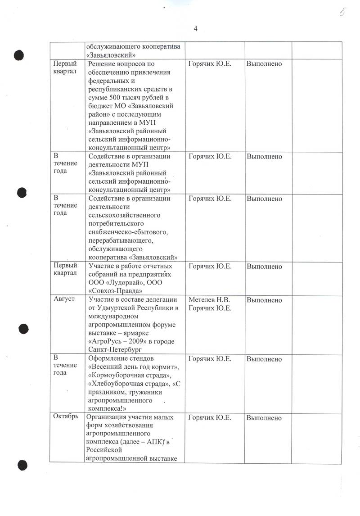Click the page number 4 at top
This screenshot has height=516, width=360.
coord(195,29)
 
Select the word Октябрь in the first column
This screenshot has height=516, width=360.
coord(66,417)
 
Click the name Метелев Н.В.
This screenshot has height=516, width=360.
coord(209,300)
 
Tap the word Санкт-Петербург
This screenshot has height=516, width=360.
coord(115,349)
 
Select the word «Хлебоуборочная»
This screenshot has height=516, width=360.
coord(119,384)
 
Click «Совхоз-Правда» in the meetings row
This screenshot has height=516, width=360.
coord(112,290)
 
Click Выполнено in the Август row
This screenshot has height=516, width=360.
coord(264,300)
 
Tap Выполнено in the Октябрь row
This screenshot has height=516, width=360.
coord(264,417)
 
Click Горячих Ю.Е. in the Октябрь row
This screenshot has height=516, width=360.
coord(210,417)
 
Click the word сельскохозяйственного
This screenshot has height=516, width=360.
coord(124,215)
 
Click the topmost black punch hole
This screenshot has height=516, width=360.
coord(19,55)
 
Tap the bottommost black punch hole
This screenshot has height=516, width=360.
coord(21,465)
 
